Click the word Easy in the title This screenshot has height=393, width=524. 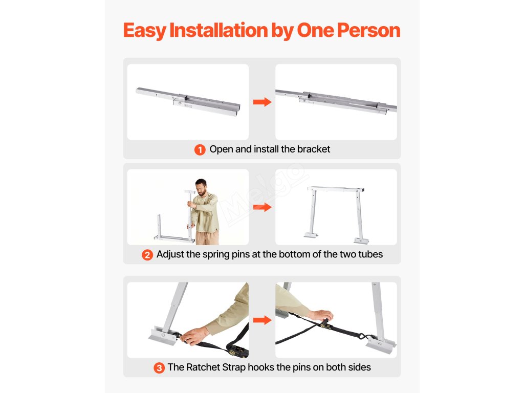[144, 31]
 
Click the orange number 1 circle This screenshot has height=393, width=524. [200, 150]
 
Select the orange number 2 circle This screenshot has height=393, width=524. [147, 255]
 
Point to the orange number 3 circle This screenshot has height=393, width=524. [159, 368]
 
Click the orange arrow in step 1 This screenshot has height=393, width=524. [263, 102]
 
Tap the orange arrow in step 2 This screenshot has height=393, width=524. [263, 207]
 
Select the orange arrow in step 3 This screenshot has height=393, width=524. [263, 320]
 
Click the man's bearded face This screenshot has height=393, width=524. [201, 188]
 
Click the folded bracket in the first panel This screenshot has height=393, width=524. [188, 102]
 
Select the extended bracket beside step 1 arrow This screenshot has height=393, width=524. [336, 101]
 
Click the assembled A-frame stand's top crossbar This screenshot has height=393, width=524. [336, 189]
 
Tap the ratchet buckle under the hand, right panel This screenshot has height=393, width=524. [324, 323]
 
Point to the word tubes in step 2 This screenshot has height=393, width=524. [370, 254]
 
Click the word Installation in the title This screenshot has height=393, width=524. [219, 30]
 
